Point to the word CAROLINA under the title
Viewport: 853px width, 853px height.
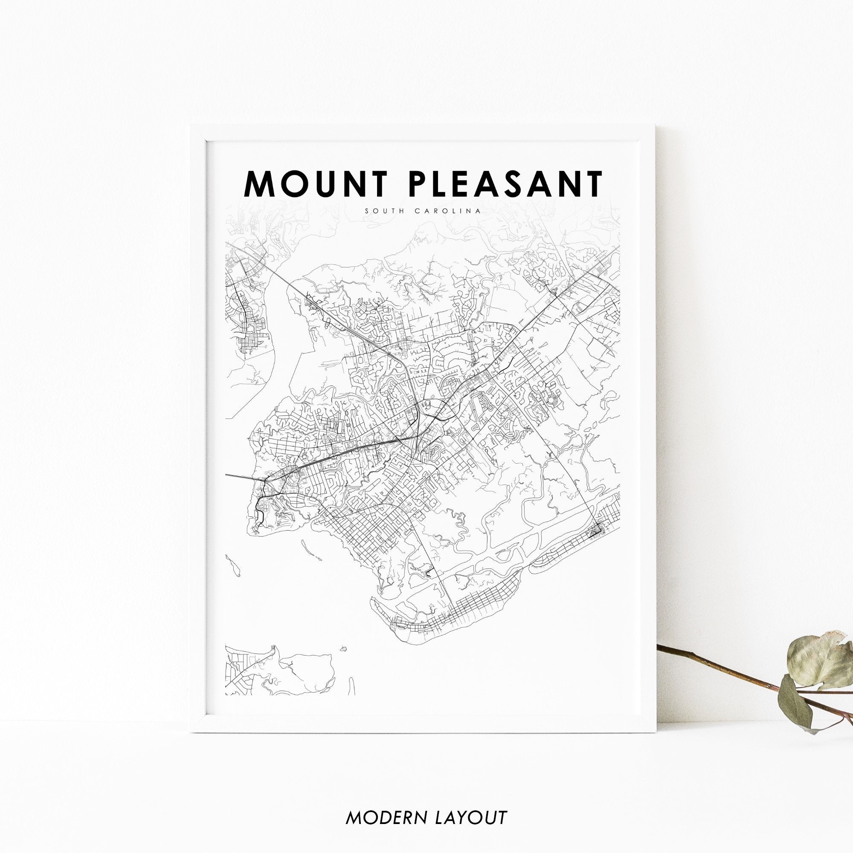pos(448,211)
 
